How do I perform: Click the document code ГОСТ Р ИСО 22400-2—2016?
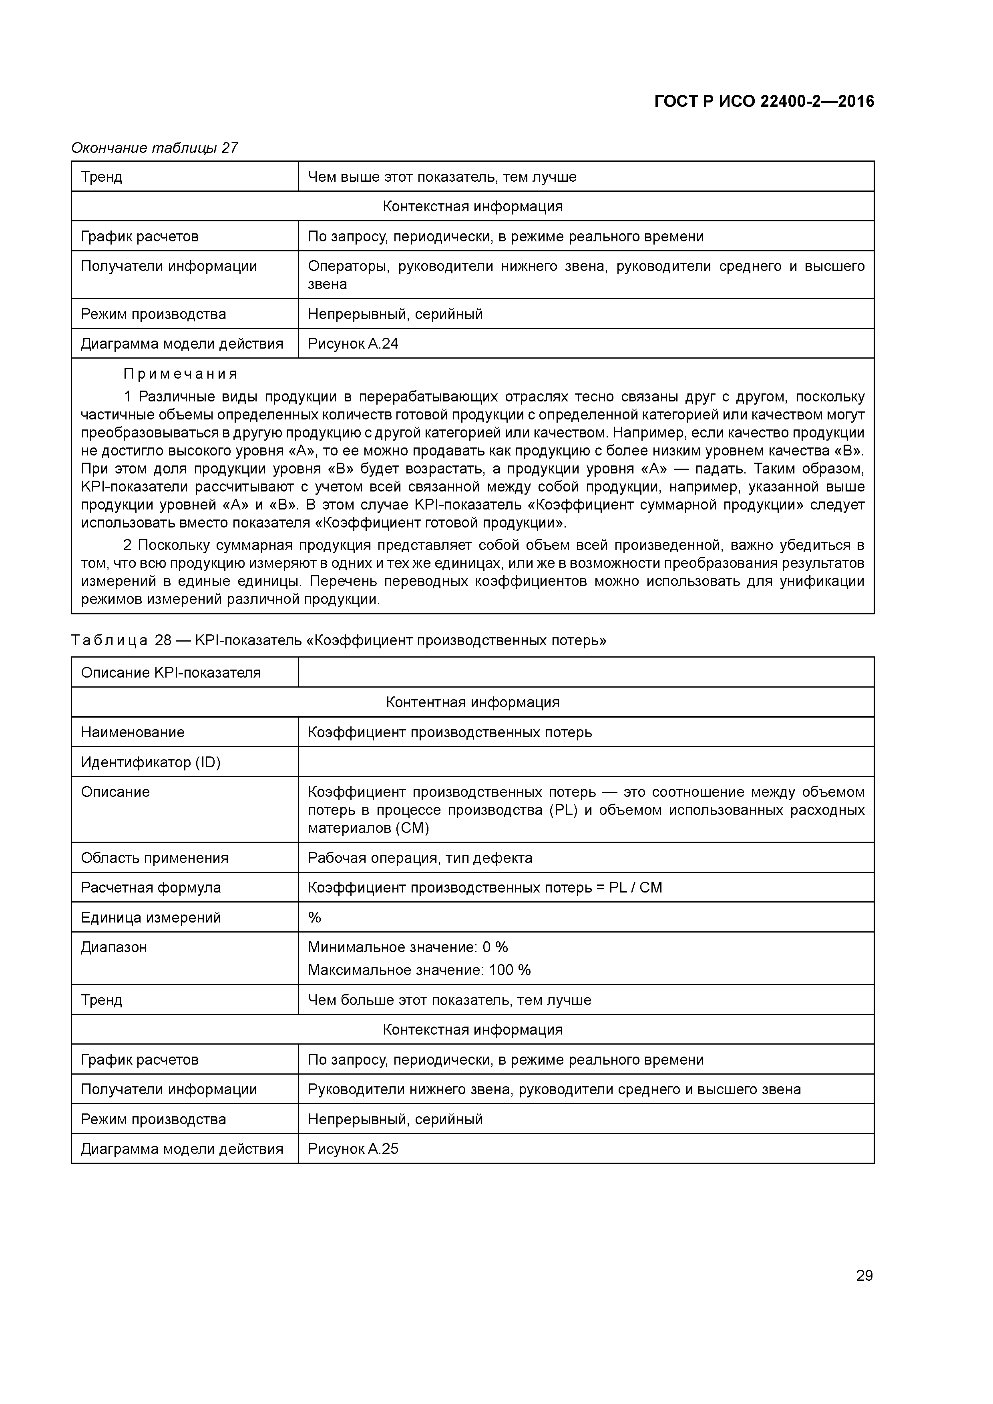(764, 102)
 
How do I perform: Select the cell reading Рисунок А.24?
(353, 344)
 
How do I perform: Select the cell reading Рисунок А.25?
(353, 1149)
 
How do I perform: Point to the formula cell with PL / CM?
(484, 887)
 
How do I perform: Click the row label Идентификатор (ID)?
(151, 762)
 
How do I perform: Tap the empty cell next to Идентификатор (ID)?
(585, 762)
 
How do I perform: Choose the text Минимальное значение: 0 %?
(408, 947)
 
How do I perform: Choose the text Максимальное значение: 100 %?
(419, 970)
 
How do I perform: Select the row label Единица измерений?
(151, 917)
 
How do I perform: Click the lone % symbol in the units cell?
(314, 917)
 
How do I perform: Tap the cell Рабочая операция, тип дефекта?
(420, 858)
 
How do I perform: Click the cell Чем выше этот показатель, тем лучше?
(442, 177)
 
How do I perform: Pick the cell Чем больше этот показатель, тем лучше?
(449, 1001)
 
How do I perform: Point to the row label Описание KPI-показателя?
(171, 673)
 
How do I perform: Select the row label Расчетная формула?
(151, 887)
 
